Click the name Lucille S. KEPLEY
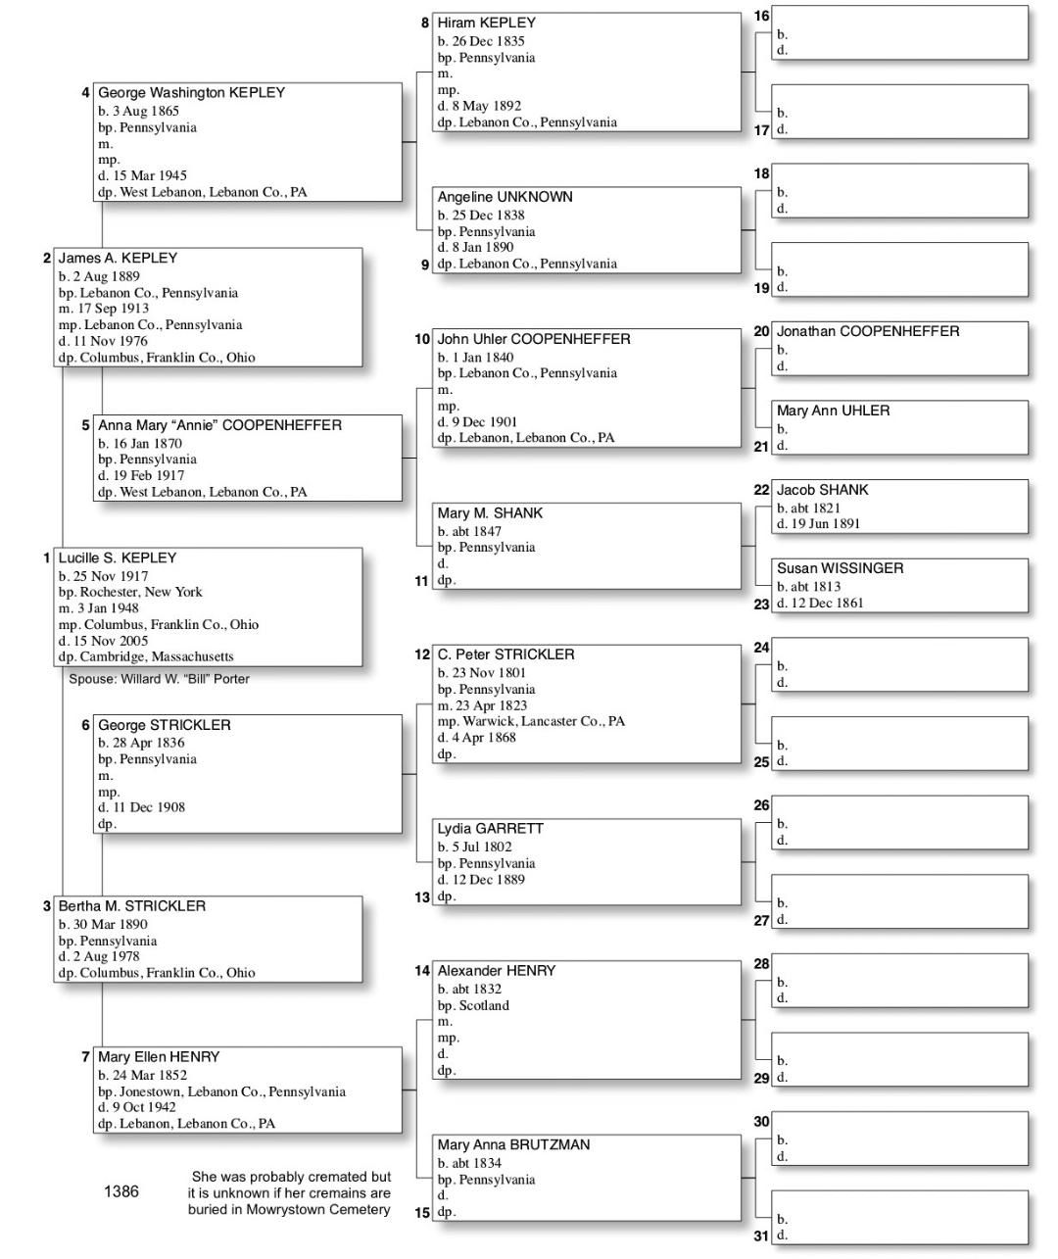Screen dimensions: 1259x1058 pos(117,557)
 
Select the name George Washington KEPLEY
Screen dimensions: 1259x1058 pos(191,92)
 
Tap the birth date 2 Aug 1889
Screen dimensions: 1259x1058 pos(98,276)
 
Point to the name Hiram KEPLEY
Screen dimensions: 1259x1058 pos(486,23)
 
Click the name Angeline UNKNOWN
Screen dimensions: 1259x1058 pos(505,197)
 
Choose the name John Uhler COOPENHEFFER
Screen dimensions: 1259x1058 pos(533,339)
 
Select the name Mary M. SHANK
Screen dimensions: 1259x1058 pos(490,513)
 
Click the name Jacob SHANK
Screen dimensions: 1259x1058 pos(822,490)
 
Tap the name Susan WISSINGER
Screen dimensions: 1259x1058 pos(840,568)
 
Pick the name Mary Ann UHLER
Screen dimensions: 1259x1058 pos(833,411)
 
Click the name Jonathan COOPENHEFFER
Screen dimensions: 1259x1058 pos(867,331)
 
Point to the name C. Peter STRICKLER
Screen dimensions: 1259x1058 pos(505,654)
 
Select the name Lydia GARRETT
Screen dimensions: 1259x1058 pos(490,829)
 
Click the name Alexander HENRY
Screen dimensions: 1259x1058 pos(496,971)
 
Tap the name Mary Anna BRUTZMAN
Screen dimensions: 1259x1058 pos(513,1144)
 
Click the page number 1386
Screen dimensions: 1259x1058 pos(121,1191)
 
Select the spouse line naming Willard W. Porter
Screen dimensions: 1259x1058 pos(159,679)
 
